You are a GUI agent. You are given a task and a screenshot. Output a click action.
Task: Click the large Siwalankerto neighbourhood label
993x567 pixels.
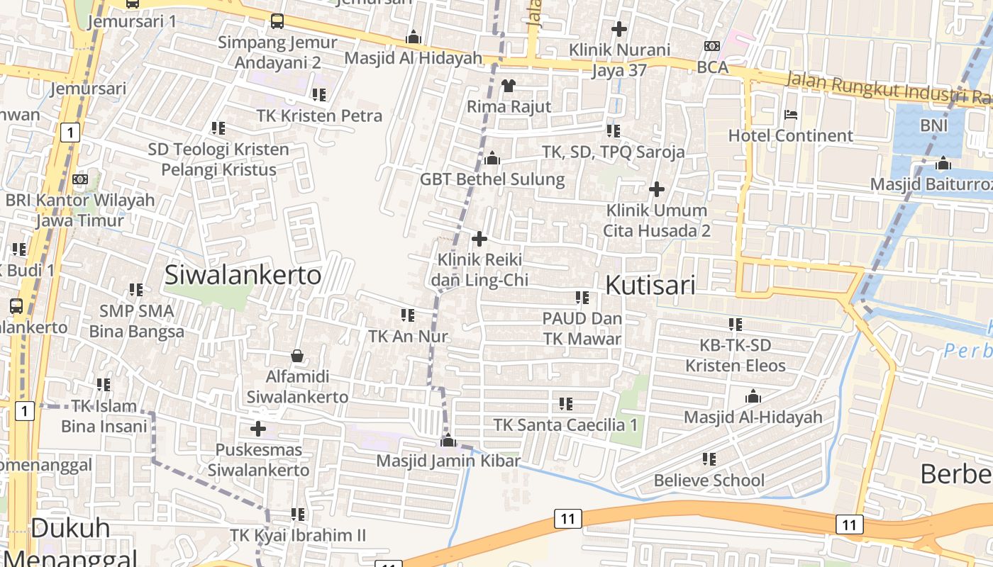(x=243, y=275)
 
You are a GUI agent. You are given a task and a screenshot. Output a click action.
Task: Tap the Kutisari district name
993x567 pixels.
(x=650, y=285)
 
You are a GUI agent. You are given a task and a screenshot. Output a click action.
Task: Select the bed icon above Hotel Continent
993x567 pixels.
(x=791, y=115)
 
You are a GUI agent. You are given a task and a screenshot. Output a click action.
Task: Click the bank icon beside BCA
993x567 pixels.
(x=711, y=46)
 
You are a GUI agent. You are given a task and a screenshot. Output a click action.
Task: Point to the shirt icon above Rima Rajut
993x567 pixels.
(x=509, y=86)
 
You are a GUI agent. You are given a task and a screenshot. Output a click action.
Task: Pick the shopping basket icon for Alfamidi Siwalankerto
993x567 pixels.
(x=297, y=356)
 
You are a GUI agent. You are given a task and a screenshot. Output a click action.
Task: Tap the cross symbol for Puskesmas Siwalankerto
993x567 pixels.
(x=258, y=429)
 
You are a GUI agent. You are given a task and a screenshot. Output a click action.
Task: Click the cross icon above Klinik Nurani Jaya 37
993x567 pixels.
(x=619, y=29)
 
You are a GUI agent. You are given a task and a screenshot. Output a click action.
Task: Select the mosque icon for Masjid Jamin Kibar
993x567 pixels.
(x=448, y=441)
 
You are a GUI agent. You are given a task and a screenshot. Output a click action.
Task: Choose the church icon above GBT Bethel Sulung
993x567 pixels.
(x=492, y=158)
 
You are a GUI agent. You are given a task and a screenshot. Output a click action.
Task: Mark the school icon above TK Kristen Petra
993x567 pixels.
(x=319, y=94)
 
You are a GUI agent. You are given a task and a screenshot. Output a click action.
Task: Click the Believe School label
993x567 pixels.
(x=709, y=481)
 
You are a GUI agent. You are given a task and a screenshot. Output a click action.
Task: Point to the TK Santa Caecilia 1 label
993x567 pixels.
(x=565, y=425)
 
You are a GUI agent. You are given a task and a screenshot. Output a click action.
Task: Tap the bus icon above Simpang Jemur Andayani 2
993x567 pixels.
(x=277, y=21)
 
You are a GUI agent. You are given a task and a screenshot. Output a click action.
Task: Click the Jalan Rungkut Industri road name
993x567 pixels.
(x=887, y=90)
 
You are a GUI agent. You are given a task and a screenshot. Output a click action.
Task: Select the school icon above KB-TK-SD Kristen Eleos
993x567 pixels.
(x=736, y=325)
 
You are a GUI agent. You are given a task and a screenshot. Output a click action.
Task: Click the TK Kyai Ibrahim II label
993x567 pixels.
(x=298, y=535)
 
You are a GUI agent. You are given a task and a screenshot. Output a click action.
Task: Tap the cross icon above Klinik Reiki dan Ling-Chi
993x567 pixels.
(x=479, y=239)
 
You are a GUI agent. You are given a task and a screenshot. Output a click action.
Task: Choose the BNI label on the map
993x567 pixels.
(x=933, y=125)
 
